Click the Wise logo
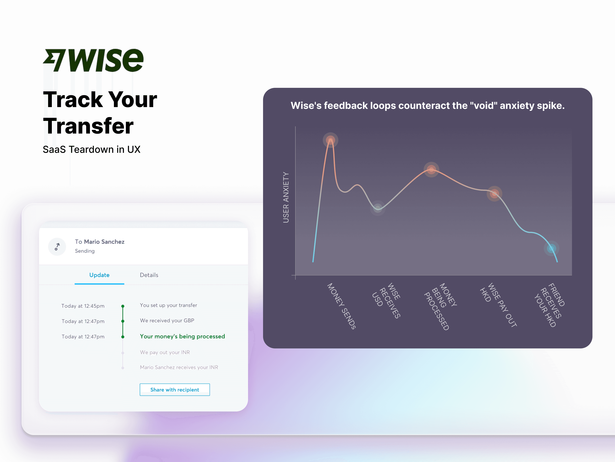click(93, 60)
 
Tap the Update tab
click(99, 275)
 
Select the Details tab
click(149, 275)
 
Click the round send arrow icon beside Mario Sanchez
click(57, 247)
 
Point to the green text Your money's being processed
click(182, 336)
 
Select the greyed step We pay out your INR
click(165, 352)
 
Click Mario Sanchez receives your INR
click(179, 367)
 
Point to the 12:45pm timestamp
click(83, 306)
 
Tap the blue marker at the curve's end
click(551, 248)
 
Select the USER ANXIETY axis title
click(286, 198)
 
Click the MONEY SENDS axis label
click(341, 306)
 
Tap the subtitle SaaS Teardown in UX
click(91, 150)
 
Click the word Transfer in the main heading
click(88, 126)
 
